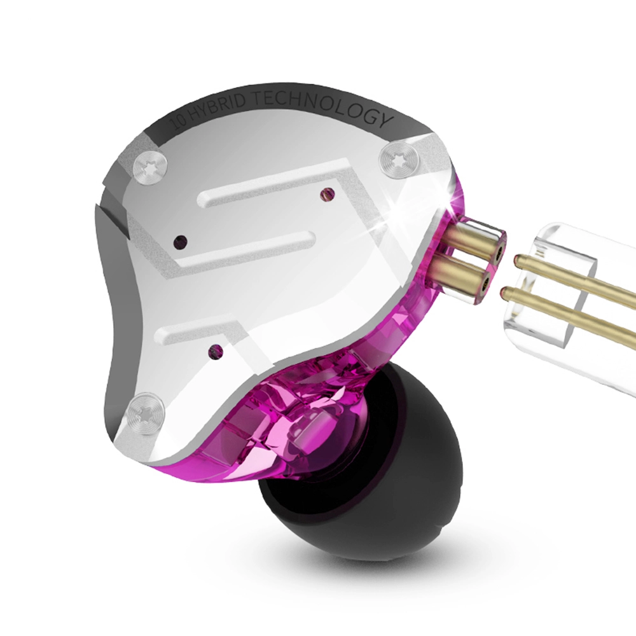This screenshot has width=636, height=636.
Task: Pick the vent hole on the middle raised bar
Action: tap(181, 241)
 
